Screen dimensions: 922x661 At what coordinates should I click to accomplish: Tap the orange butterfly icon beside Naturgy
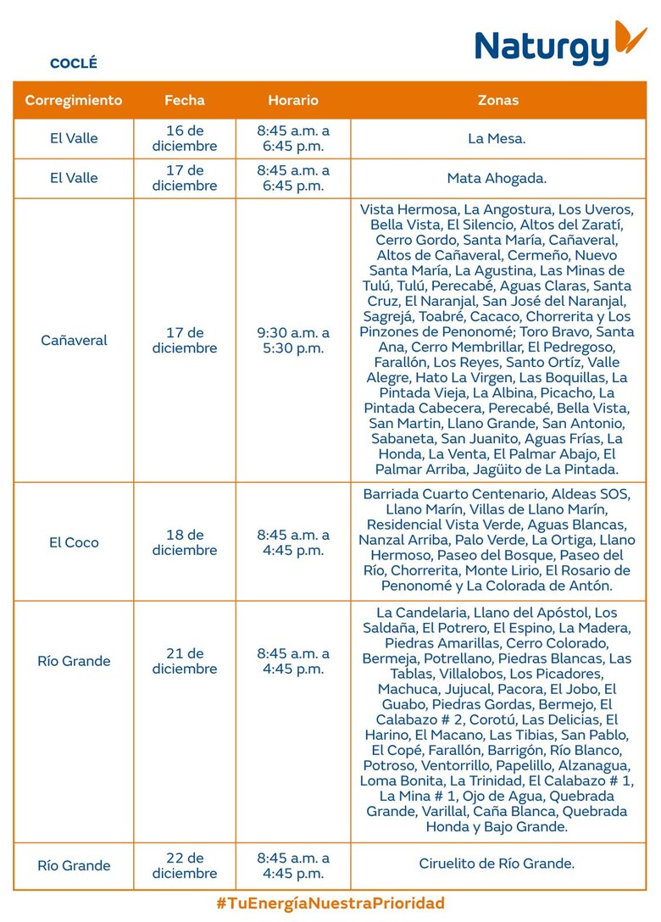coord(630,39)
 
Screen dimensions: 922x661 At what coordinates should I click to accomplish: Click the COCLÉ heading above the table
coord(74,64)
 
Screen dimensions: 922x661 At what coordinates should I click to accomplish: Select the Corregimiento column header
coord(74,100)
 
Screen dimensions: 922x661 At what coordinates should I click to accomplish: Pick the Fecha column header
coord(185,100)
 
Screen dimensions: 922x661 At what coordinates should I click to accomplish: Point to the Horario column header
coord(293,100)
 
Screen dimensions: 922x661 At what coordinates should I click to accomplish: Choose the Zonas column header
coord(498,100)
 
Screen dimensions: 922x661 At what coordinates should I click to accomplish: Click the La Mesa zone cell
coord(497,139)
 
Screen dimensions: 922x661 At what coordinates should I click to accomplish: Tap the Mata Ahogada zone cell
coord(497,179)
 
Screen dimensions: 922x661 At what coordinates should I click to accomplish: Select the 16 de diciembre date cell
coord(185,138)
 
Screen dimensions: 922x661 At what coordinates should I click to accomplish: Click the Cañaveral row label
coord(74,341)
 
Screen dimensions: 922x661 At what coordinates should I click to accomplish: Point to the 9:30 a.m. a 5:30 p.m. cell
coord(293,341)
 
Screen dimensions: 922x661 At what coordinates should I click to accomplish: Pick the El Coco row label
coord(74,542)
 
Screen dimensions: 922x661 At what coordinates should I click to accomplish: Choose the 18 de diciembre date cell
coord(185,542)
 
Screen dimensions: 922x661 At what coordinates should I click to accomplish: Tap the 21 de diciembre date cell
coord(185,661)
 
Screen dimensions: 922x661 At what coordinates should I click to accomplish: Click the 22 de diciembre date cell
coord(185,865)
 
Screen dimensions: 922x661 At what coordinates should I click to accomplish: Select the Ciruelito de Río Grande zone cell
coord(497,864)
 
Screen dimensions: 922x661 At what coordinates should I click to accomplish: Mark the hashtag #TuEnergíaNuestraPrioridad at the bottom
coord(330,903)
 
